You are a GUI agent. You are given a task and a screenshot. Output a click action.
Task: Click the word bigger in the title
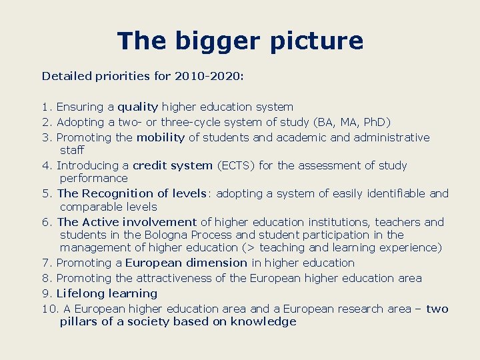point(214,41)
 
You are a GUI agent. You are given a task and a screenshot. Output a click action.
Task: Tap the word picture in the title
point(317,41)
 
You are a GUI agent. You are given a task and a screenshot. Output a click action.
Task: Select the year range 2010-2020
point(207,76)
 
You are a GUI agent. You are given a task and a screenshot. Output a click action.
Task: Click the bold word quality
point(138,107)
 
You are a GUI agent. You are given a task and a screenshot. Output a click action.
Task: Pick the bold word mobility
point(160,137)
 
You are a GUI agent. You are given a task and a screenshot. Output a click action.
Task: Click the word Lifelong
point(79,293)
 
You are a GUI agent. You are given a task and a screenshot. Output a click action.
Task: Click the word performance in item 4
point(93,178)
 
